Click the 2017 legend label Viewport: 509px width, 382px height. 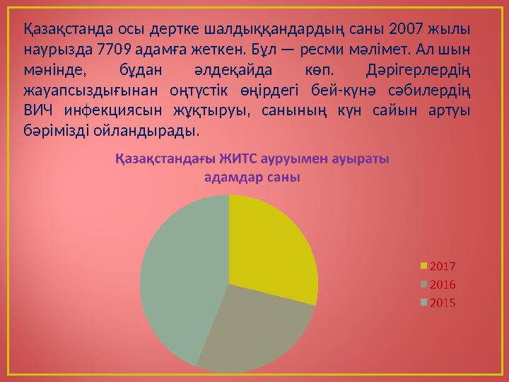(x=443, y=267)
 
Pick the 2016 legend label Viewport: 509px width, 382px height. (x=443, y=284)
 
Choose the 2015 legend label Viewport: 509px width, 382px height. (x=443, y=303)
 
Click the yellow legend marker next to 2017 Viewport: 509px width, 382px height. (x=424, y=267)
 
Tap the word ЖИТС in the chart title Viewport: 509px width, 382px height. (x=238, y=158)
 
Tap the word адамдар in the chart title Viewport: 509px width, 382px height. (x=226, y=177)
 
